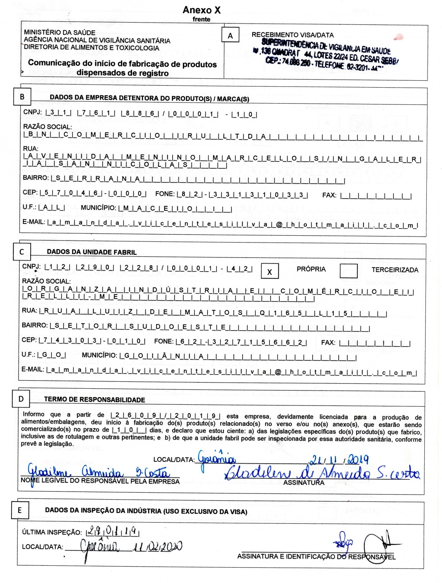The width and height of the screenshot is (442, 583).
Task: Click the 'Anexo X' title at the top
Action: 202,10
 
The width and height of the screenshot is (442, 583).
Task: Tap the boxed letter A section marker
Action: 230,36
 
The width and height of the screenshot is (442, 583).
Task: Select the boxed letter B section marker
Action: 22,97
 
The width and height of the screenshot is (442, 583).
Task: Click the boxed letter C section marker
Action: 21,251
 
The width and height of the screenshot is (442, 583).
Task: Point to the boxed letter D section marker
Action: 21,399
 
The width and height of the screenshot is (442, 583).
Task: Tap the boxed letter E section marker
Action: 20,510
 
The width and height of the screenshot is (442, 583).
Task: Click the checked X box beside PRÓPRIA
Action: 269,272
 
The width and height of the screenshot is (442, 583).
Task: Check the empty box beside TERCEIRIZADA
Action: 348,270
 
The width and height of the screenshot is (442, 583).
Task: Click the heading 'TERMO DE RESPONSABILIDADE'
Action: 95,400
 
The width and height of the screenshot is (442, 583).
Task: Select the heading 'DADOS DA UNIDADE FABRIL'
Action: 91,252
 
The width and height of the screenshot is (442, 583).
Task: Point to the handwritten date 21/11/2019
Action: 339,460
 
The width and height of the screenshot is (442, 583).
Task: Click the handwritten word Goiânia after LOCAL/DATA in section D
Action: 217,458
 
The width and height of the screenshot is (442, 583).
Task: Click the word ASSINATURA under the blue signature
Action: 304,483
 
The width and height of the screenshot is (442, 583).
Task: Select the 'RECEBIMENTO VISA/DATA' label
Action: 292,35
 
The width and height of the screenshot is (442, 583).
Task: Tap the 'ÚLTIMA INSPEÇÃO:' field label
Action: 52,532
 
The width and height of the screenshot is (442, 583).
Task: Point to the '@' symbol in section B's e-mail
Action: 279,225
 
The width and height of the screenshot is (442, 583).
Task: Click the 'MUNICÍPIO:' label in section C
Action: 99,355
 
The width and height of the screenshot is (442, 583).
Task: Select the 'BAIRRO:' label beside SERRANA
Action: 36,178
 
